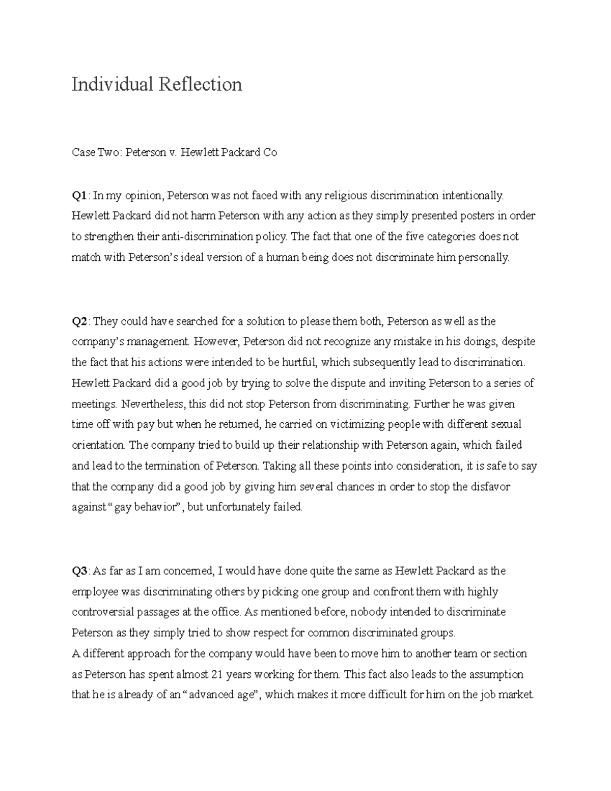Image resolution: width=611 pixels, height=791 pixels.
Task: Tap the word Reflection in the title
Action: [200, 84]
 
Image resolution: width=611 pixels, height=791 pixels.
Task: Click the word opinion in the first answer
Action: [144, 196]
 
